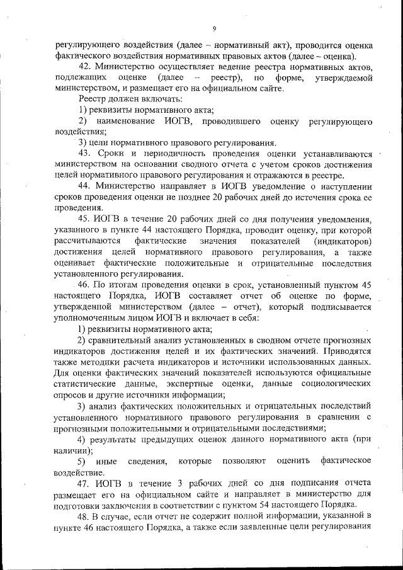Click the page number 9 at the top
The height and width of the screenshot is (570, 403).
click(x=214, y=28)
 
